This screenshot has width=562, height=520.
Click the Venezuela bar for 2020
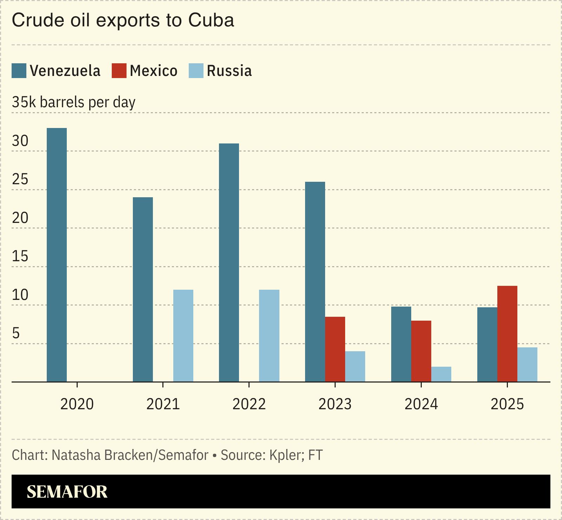57,255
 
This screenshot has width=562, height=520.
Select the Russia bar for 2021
183,335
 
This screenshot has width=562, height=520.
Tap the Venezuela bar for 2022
229,262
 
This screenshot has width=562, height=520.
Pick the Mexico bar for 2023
335,349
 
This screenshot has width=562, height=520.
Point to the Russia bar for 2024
441,374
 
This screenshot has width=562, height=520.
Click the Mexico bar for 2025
507,333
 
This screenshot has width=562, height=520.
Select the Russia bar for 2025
527,364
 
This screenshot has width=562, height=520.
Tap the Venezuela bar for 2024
401,344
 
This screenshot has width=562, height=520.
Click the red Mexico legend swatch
119,71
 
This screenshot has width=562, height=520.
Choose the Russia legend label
229,71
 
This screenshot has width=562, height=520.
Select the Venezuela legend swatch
19,71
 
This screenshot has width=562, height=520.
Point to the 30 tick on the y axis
20,141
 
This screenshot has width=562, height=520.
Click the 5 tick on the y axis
16,333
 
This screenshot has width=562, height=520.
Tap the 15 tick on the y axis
20,256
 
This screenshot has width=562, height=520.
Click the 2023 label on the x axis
335,404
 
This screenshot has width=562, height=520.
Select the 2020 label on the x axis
77,404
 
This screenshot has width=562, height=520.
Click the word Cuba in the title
211,20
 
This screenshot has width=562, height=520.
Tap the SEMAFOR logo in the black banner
67,492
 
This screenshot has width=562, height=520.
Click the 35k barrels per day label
73,102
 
